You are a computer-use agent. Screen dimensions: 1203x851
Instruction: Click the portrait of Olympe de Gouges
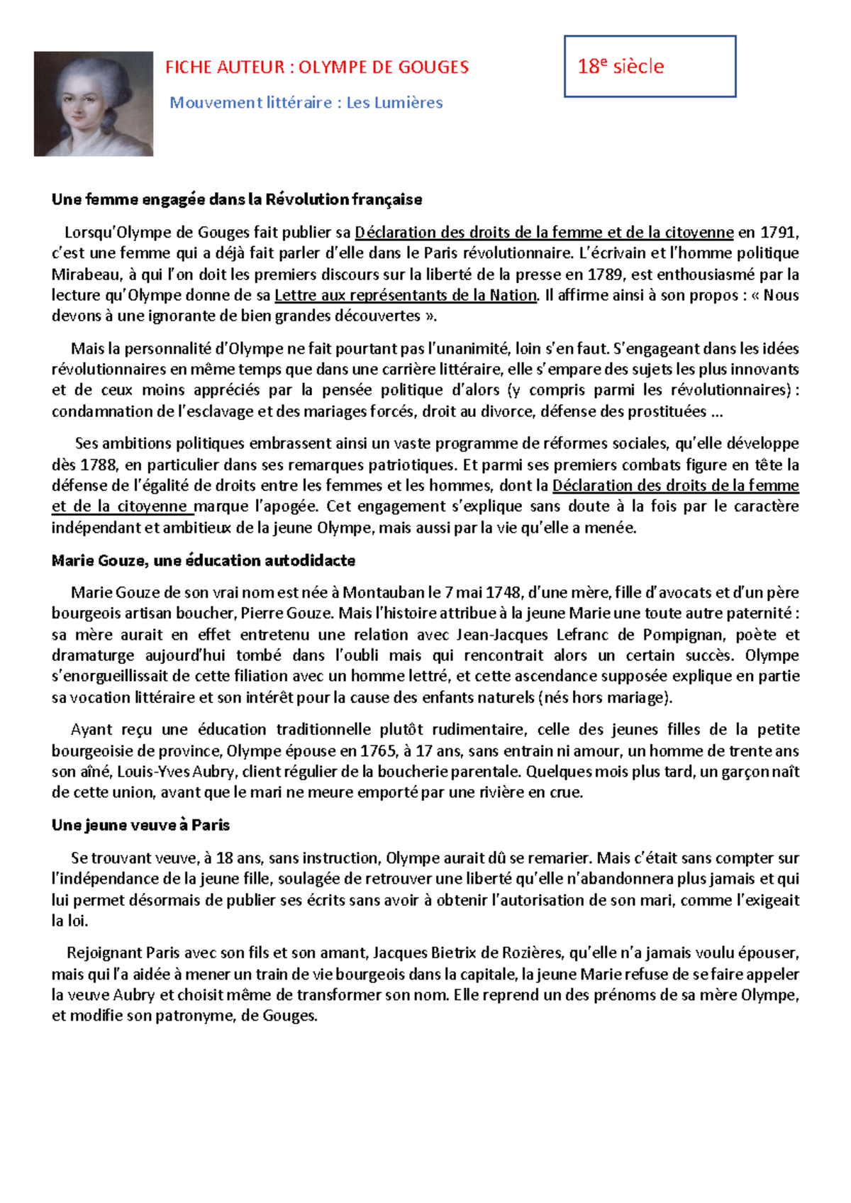(93, 104)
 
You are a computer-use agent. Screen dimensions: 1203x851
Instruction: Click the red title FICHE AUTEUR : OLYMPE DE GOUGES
(316, 67)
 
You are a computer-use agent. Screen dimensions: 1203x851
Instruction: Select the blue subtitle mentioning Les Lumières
(306, 103)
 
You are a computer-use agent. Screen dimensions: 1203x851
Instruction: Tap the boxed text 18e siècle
(621, 67)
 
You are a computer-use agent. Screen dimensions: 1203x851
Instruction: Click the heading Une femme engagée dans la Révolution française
(236, 199)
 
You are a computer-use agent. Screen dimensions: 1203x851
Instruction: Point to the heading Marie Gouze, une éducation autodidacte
(203, 560)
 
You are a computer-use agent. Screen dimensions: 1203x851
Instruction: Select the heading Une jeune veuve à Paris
(140, 825)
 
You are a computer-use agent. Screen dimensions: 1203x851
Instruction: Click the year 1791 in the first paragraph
(778, 232)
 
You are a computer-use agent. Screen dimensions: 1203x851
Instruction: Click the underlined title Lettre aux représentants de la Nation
(406, 295)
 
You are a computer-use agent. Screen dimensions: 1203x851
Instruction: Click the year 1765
(379, 751)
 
